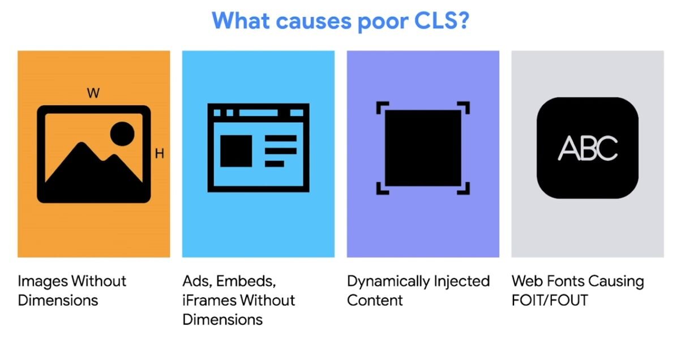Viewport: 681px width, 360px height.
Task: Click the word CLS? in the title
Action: tap(442, 21)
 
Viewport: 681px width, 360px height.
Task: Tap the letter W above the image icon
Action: tap(93, 93)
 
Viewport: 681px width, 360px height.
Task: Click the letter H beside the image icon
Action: tap(160, 153)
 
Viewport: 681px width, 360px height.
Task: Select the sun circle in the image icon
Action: tap(122, 134)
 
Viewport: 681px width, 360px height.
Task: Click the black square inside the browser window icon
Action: tap(236, 151)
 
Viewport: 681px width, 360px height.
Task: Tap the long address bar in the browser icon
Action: tap(258, 113)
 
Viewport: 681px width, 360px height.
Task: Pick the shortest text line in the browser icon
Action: tap(275, 164)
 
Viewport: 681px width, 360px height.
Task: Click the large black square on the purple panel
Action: tap(423, 148)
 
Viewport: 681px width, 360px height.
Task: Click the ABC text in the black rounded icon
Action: tap(588, 148)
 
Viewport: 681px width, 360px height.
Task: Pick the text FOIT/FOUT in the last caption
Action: tap(550, 301)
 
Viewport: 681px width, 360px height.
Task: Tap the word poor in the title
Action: tap(383, 22)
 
